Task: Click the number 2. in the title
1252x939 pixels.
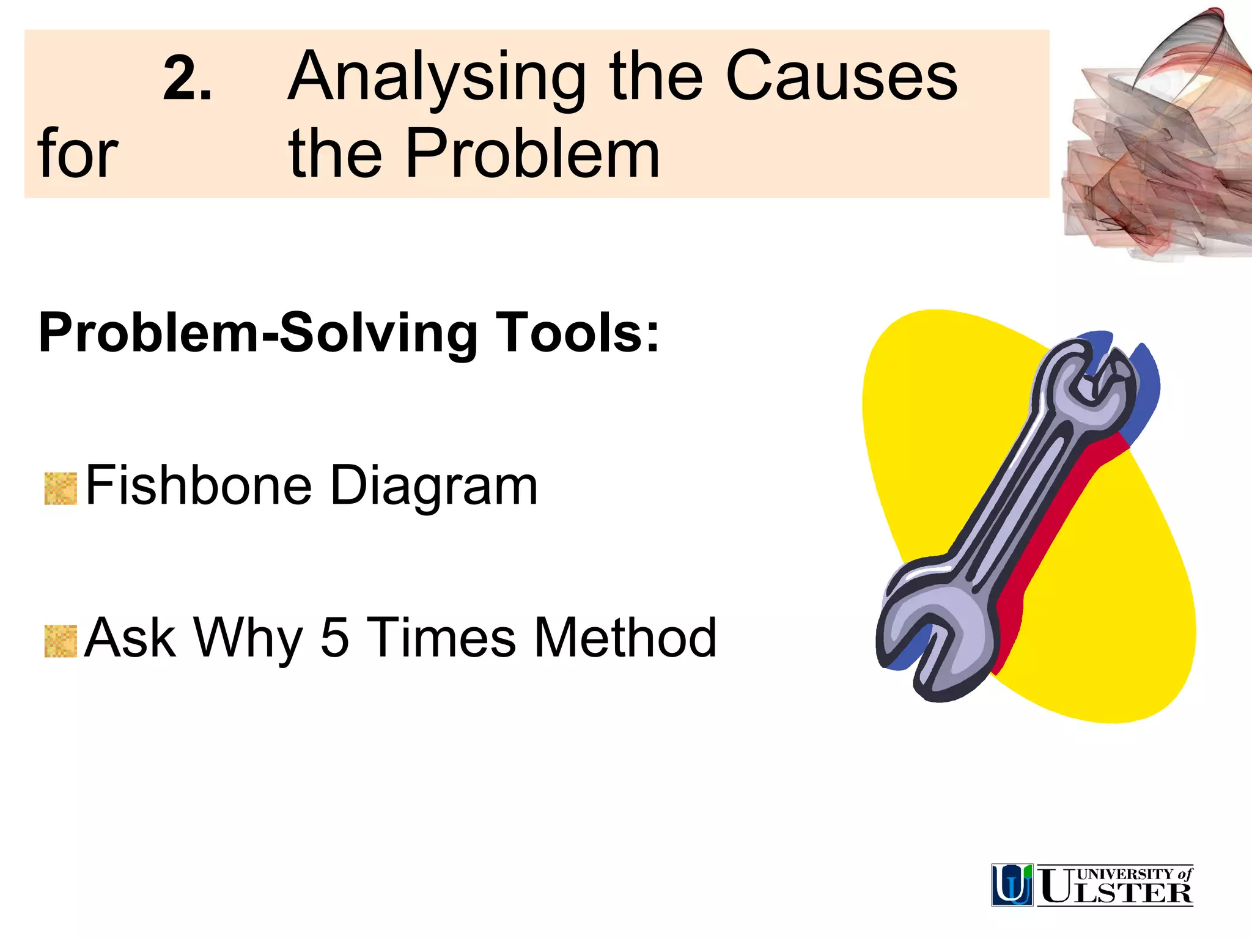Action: pyautogui.click(x=187, y=79)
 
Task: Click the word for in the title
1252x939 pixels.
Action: pyautogui.click(x=77, y=154)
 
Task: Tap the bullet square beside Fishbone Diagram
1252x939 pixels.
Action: pyautogui.click(x=61, y=489)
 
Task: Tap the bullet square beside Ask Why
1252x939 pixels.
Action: pyautogui.click(x=61, y=641)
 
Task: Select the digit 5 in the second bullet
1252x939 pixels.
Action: pyautogui.click(x=334, y=638)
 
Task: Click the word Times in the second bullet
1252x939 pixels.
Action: pyautogui.click(x=443, y=638)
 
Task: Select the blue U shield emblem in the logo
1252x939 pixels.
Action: pyautogui.click(x=1012, y=885)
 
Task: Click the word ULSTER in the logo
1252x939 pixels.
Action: pyautogui.click(x=1116, y=893)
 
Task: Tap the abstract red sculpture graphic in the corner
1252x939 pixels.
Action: pyautogui.click(x=1155, y=141)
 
